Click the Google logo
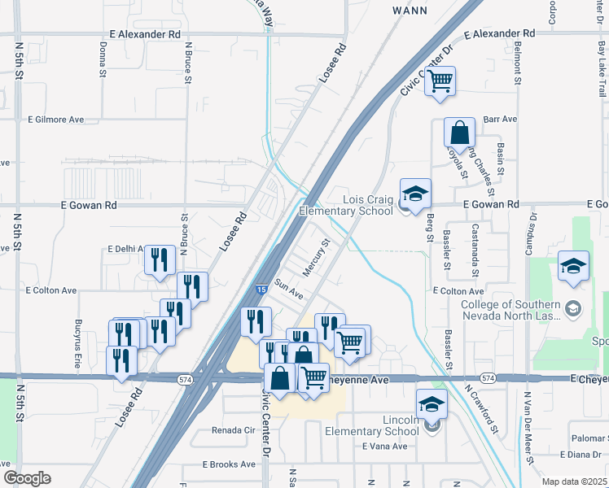[x=27, y=478]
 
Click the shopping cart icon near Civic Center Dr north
[x=440, y=81]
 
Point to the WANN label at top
[x=410, y=11]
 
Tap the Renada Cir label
[x=234, y=429]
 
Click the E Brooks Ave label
[x=229, y=464]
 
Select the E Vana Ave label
[x=384, y=447]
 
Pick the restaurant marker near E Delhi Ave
[x=160, y=259]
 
